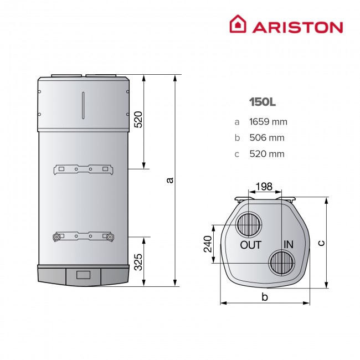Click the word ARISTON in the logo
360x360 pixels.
point(298,27)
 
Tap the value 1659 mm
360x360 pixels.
point(269,122)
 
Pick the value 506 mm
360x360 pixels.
point(266,138)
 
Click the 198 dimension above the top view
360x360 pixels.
point(264,187)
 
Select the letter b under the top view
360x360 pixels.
point(265,298)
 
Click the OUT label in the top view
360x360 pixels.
point(250,244)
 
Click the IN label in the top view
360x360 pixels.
point(288,244)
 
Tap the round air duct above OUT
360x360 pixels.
point(249,225)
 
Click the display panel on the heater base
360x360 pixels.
point(84,274)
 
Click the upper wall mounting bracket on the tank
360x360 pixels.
point(83,168)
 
